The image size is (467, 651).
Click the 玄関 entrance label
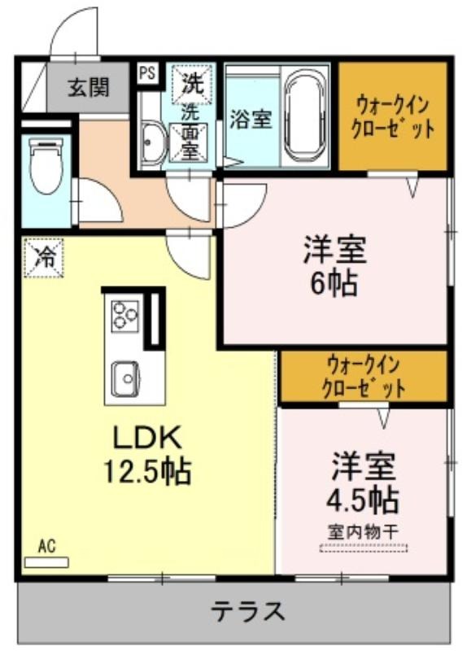pyautogui.click(x=89, y=87)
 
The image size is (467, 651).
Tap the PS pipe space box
pyautogui.click(x=147, y=73)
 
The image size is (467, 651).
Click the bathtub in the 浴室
pyautogui.click(x=307, y=115)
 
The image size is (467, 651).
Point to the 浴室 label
pyautogui.click(x=251, y=119)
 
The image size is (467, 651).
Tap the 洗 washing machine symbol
pyautogui.click(x=193, y=83)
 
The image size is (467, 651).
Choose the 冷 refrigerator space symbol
pyautogui.click(x=44, y=257)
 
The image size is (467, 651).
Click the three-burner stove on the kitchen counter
pyautogui.click(x=124, y=315)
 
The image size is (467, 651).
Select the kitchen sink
pyautogui.click(x=125, y=378)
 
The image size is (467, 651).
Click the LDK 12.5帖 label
pyautogui.click(x=147, y=454)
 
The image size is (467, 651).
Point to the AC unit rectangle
pyautogui.click(x=46, y=562)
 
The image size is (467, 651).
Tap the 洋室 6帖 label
pyautogui.click(x=334, y=266)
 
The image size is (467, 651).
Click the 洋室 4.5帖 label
pyautogui.click(x=362, y=483)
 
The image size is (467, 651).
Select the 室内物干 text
pyautogui.click(x=364, y=532)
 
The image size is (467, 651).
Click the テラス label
pyautogui.click(x=248, y=611)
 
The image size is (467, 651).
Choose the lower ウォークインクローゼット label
pyautogui.click(x=364, y=377)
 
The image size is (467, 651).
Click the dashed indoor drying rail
pyautogui.click(x=364, y=548)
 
